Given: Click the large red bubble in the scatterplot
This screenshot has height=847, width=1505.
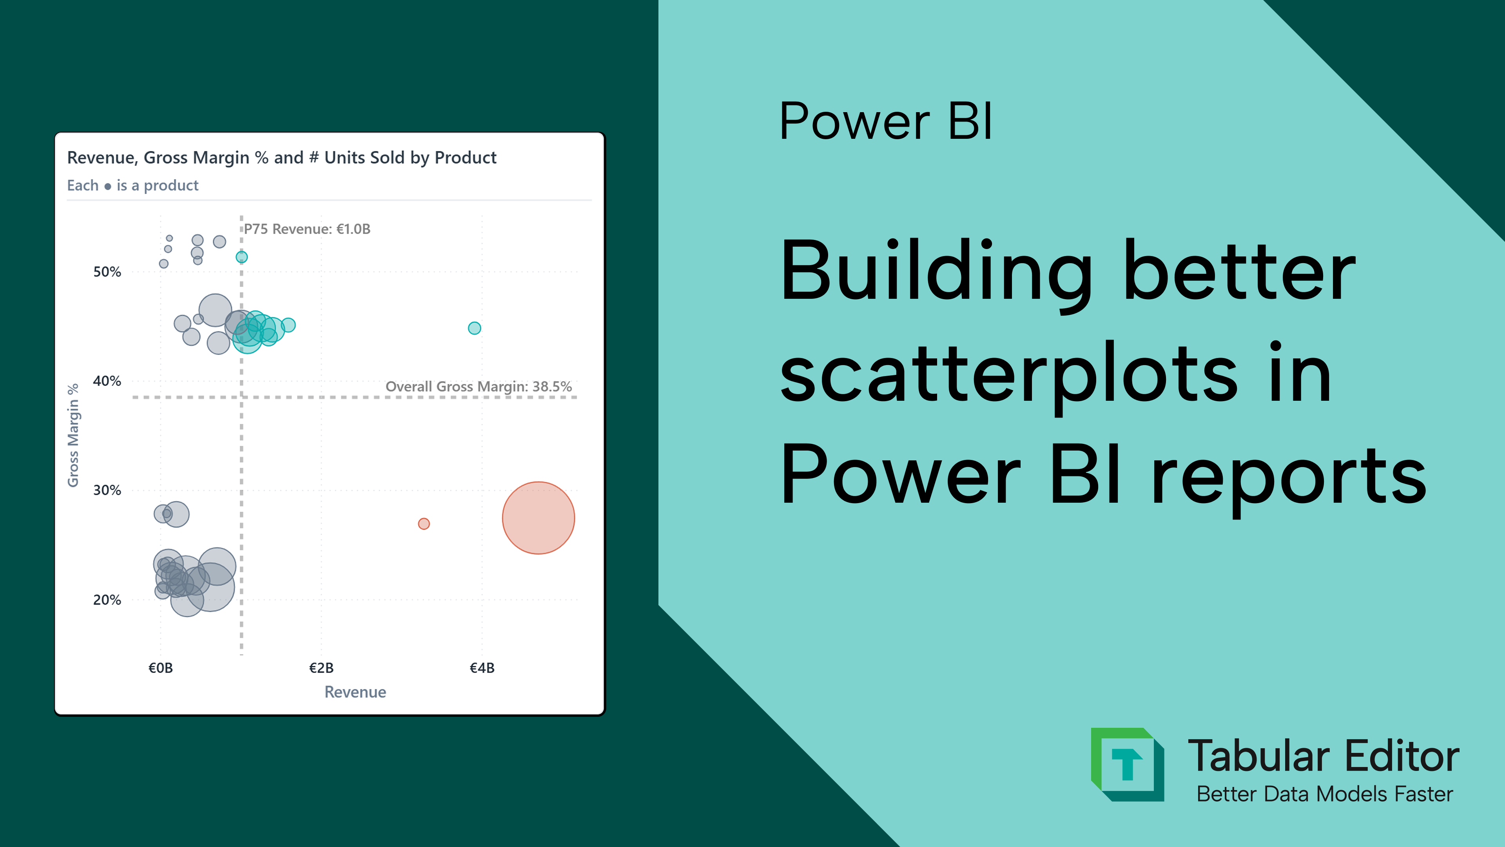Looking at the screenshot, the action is [538, 518].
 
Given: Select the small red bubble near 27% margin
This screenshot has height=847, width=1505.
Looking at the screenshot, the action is [424, 524].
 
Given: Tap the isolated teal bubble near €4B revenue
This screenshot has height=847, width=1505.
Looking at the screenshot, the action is [474, 328].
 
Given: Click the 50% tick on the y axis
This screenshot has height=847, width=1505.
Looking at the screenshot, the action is [107, 272].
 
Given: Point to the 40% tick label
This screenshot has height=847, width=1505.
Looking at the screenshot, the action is [107, 381].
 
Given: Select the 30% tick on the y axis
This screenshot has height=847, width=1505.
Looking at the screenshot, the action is [107, 491].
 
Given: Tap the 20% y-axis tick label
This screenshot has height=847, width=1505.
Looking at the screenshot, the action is [107, 600].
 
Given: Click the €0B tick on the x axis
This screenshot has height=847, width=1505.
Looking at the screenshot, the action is [161, 667].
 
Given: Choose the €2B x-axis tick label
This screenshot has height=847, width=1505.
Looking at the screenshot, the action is [321, 667].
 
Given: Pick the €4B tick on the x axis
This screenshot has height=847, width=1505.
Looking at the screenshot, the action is [482, 667].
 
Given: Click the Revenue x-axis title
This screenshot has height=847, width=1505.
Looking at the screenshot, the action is [355, 692].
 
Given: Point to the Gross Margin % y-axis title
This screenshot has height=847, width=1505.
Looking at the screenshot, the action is [73, 436].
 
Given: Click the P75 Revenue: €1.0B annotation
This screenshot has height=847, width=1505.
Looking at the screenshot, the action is [307, 229].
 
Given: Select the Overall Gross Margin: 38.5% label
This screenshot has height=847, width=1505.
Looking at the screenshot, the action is [479, 386].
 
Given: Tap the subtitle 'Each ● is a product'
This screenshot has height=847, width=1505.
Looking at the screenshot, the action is [132, 185].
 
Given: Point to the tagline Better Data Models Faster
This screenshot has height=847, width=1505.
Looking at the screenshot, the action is [1324, 794].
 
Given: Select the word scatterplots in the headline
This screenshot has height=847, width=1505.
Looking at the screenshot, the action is [1008, 374].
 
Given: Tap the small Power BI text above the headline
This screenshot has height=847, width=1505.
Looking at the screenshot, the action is [885, 121].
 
